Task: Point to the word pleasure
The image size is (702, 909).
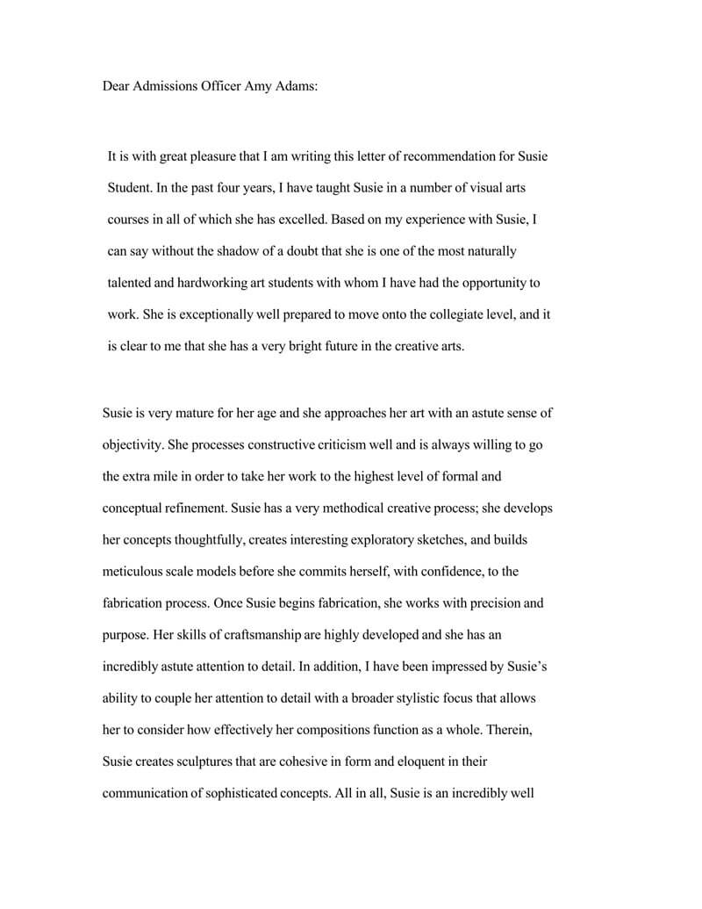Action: point(216,156)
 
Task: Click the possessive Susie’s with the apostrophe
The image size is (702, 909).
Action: point(525,667)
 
